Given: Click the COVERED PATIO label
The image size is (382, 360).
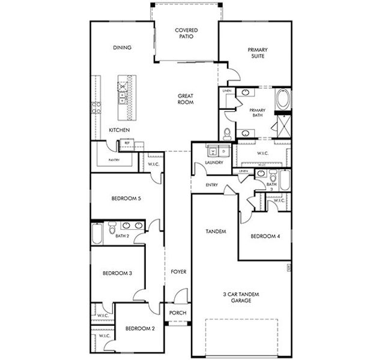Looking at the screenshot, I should (186, 33).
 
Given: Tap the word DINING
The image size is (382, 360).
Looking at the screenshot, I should (122, 47).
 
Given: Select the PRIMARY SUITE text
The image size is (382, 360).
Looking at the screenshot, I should (257, 53).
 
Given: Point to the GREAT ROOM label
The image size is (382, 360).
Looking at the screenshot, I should (186, 99).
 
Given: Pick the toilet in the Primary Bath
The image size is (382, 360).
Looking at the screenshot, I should (228, 133).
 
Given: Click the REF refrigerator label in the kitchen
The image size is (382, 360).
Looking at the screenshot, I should (127, 143).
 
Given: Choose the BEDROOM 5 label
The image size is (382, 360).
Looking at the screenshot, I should (126, 199).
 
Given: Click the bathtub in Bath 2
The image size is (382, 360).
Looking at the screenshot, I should (97, 233).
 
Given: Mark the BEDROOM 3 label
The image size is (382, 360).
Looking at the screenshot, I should (117, 273).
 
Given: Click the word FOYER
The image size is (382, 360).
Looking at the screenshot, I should (178, 272).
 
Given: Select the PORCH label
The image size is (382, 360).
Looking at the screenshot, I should (178, 313).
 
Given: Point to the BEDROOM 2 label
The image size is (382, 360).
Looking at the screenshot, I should (140, 328).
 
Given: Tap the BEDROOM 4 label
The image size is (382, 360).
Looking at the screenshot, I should (265, 236).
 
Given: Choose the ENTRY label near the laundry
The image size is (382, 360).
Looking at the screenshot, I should (211, 185).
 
